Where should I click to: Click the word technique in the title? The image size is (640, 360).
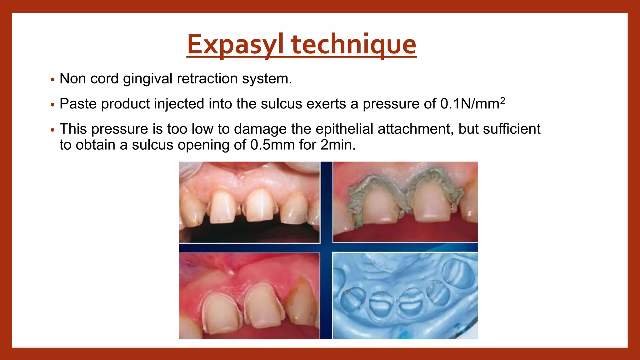pyautogui.click(x=354, y=45)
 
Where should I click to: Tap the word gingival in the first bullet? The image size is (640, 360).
pyautogui.click(x=147, y=79)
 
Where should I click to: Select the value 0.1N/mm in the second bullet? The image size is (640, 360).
pyautogui.click(x=469, y=104)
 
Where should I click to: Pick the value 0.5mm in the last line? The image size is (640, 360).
pyautogui.click(x=272, y=145)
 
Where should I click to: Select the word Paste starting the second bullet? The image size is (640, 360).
pyautogui.click(x=78, y=104)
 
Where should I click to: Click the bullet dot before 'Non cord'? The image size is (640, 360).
pyautogui.click(x=52, y=79)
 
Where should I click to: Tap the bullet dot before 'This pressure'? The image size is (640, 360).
pyautogui.click(x=52, y=130)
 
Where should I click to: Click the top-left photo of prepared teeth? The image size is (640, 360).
pyautogui.click(x=249, y=202)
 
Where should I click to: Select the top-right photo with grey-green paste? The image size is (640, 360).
pyautogui.click(x=405, y=202)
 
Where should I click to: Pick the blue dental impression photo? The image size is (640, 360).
pyautogui.click(x=405, y=296)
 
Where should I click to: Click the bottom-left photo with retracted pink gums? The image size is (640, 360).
pyautogui.click(x=249, y=296)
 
